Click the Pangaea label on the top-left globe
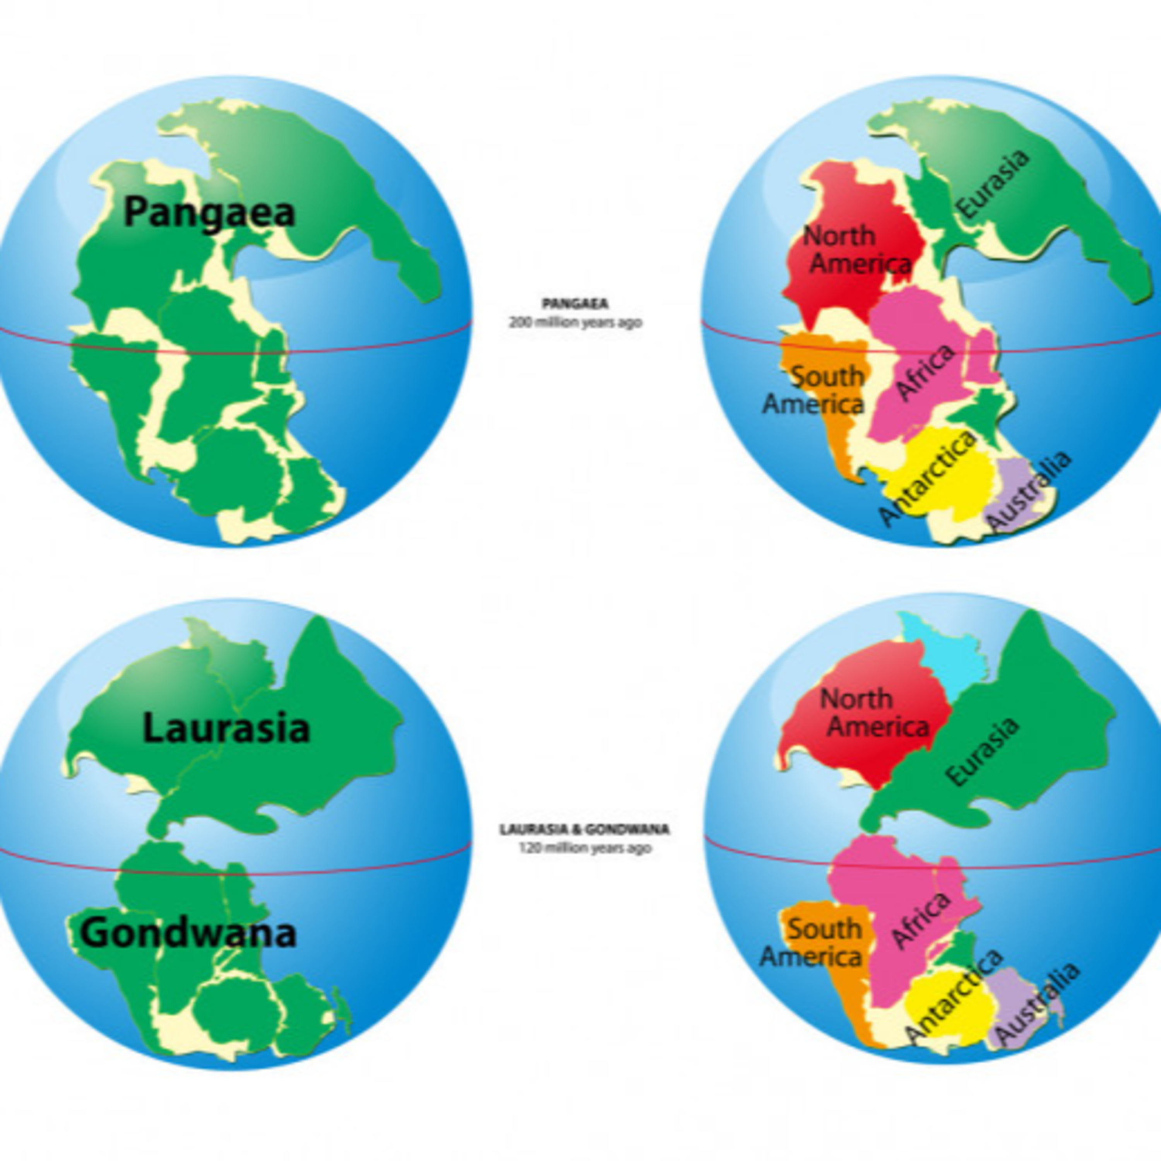[x=209, y=213]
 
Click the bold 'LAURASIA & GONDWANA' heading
[x=584, y=829]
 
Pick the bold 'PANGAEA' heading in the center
[x=574, y=304]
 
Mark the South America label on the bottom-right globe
[x=811, y=942]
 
